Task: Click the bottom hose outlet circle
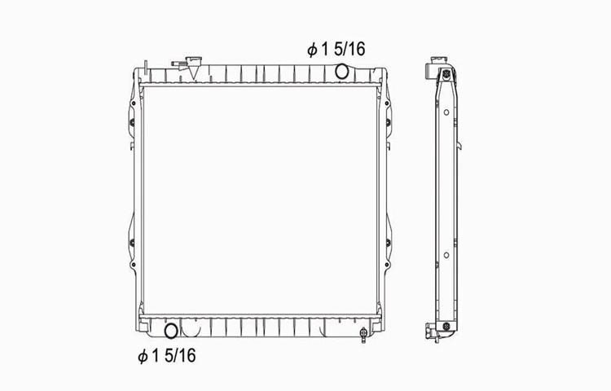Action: pyautogui.click(x=171, y=331)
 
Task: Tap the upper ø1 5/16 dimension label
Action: pyautogui.click(x=336, y=50)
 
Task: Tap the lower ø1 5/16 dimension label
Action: pyautogui.click(x=167, y=355)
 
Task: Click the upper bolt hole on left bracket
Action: pyautogui.click(x=132, y=123)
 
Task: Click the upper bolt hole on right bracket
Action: pyautogui.click(x=388, y=123)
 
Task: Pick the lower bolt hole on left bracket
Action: pyautogui.click(x=132, y=243)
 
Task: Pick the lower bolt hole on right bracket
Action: pyautogui.click(x=388, y=243)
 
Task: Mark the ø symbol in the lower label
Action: pyautogui.click(x=142, y=355)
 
